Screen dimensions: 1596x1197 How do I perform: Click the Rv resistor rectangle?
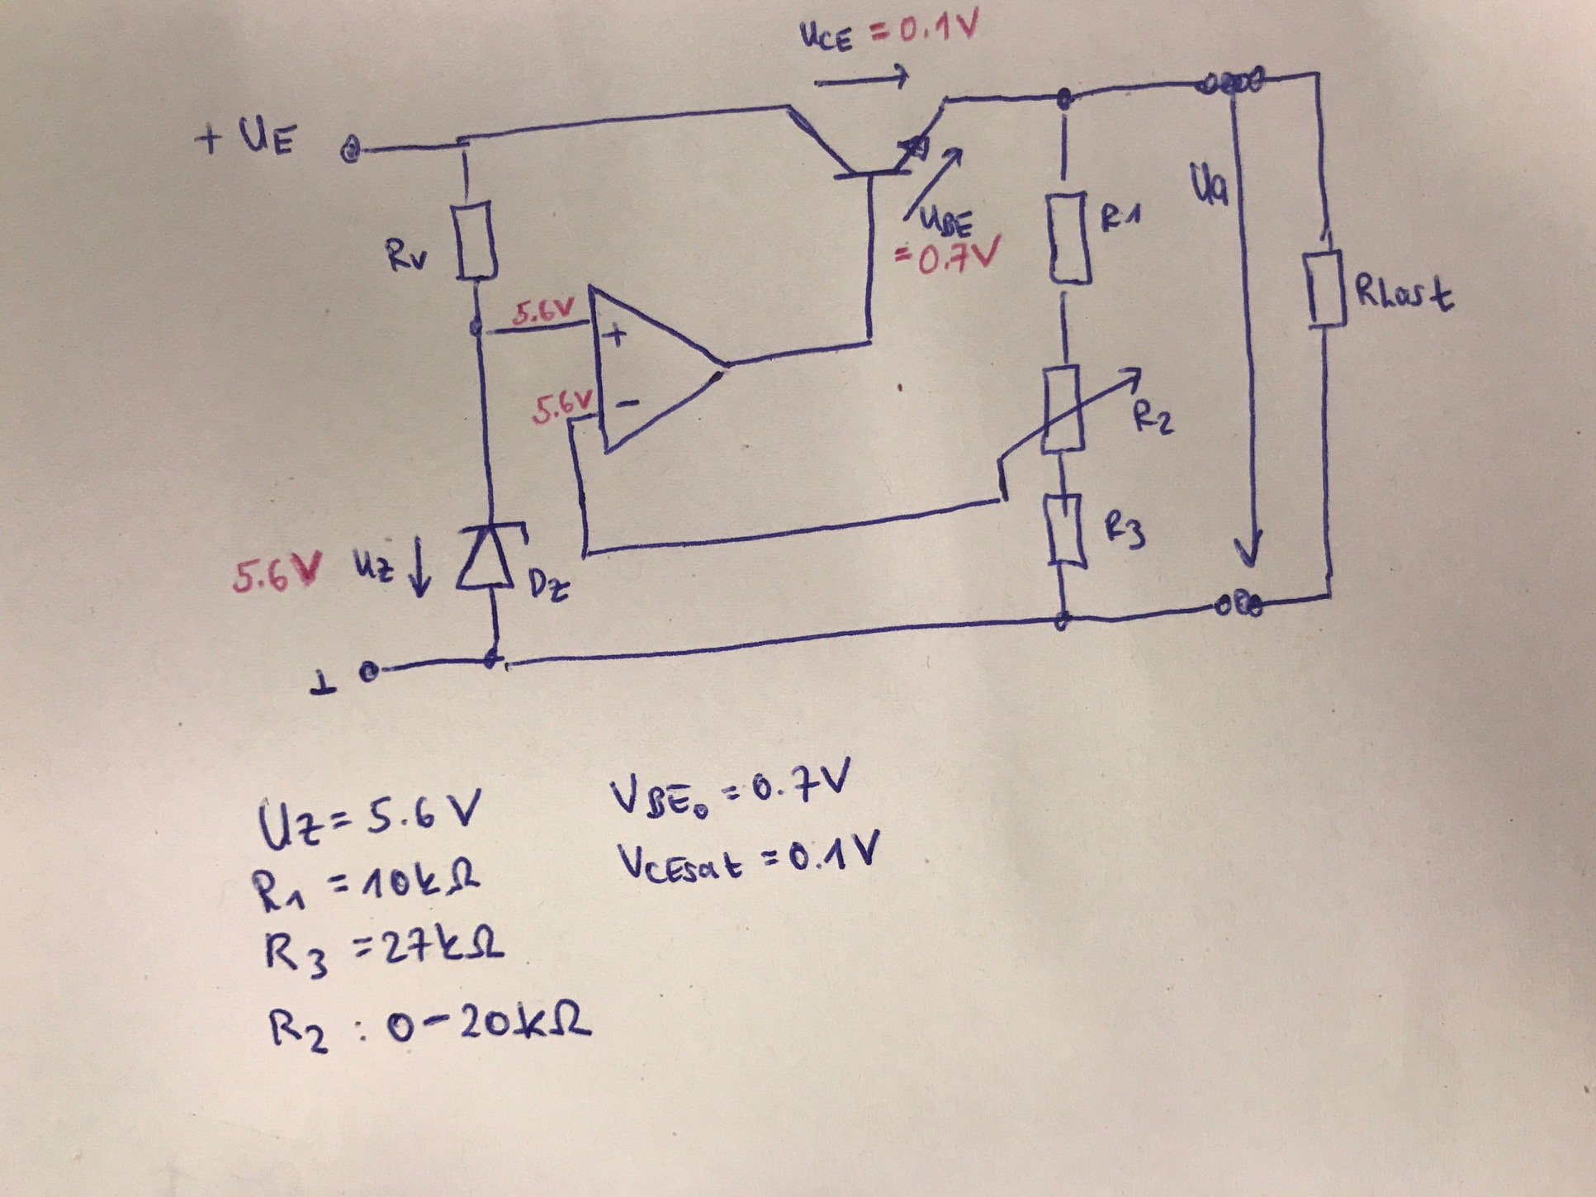tap(476, 240)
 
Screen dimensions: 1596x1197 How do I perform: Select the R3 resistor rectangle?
tap(1067, 530)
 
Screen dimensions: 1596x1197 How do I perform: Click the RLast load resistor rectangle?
tap(1328, 291)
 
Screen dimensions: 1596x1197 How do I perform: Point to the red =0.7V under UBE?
tap(948, 256)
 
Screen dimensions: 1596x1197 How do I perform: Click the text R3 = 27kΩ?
tap(383, 952)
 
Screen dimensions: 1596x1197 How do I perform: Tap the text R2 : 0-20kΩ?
tap(429, 1028)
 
